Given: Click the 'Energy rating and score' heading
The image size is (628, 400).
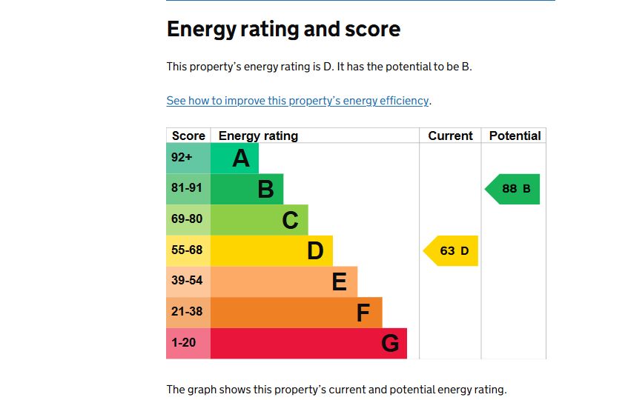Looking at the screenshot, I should [283, 29].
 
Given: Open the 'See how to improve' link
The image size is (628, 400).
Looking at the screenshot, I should [297, 101].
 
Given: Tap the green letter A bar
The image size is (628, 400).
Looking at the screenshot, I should [235, 158].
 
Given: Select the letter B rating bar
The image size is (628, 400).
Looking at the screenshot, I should [247, 189].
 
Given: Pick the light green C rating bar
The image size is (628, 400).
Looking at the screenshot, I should [260, 220].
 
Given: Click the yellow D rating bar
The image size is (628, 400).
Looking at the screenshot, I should [271, 251].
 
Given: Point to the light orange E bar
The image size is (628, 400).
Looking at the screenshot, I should [284, 281].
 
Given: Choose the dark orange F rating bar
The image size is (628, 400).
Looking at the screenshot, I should [297, 313].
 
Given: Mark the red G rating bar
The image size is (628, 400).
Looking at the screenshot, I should [308, 344].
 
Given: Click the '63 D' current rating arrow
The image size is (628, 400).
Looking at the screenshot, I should [452, 251].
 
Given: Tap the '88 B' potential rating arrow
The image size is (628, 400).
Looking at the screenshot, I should [514, 189].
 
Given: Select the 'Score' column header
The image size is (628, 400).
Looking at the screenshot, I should [188, 136].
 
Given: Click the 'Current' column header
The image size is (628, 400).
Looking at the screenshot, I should [450, 136].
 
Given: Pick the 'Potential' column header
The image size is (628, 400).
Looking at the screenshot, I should [515, 136].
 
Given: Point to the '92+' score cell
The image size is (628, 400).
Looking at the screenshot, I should [182, 158].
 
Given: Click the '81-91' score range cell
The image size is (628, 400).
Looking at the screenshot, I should [187, 189].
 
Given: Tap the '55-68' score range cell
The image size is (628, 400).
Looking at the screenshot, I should [187, 250].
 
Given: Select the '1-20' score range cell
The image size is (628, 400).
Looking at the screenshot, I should [185, 344].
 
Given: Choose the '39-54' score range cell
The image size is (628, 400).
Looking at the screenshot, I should [187, 281].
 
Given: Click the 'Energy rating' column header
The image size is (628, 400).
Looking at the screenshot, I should [258, 136].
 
